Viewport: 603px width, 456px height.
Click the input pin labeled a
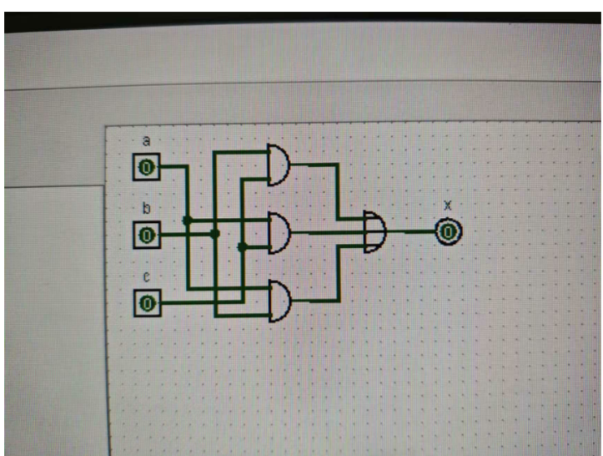click(146, 168)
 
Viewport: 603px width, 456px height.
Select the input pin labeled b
click(146, 235)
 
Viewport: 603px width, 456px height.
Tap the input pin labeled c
click(147, 301)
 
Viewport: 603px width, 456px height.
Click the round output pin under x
click(448, 231)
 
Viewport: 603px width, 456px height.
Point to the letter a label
click(147, 141)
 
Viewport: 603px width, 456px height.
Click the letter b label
click(147, 208)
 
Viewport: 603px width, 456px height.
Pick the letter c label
click(147, 276)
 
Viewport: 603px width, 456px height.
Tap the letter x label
click(448, 205)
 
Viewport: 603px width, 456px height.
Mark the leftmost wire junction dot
click(187, 220)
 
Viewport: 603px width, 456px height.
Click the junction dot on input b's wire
click(214, 234)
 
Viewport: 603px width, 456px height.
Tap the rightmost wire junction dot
click(242, 246)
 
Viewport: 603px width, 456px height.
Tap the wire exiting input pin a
click(173, 166)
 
